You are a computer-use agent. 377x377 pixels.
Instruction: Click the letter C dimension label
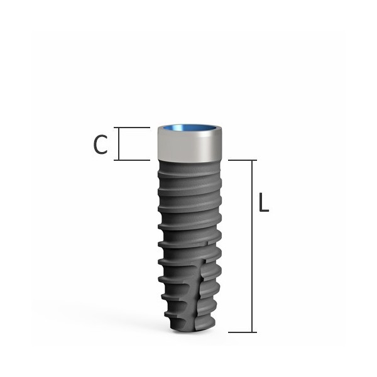pyautogui.click(x=101, y=144)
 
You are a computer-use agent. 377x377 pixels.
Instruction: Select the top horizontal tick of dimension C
pyautogui.click(x=134, y=128)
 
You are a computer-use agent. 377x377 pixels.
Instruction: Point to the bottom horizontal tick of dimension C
pyautogui.click(x=134, y=160)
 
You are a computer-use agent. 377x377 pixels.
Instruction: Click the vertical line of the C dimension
pyautogui.click(x=119, y=144)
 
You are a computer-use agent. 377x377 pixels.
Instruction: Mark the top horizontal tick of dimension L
pyautogui.click(x=241, y=160)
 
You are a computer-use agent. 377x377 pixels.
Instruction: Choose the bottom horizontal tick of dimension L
pyautogui.click(x=241, y=332)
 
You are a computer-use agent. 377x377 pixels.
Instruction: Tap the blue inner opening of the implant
pyautogui.click(x=188, y=129)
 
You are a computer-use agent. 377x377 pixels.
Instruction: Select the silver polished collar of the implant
pyautogui.click(x=188, y=146)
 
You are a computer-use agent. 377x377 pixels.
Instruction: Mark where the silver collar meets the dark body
pyautogui.click(x=188, y=160)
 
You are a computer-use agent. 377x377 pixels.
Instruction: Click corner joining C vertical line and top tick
pyautogui.click(x=119, y=128)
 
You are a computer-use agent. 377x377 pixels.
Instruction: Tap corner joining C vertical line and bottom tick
pyautogui.click(x=119, y=160)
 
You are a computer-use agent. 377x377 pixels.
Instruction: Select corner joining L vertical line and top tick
pyautogui.click(x=253, y=160)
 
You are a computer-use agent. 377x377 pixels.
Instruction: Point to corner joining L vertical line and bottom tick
pyautogui.click(x=253, y=332)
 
